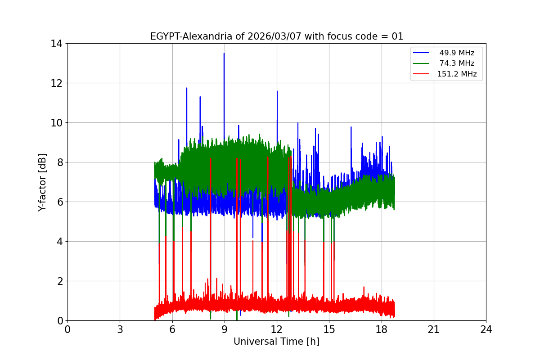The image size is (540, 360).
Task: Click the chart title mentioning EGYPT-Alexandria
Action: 276,36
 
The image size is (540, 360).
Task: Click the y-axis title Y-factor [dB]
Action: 42,182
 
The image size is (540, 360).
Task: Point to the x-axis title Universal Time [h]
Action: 276,342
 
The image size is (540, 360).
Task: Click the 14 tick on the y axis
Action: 57,44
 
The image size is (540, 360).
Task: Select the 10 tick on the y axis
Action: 57,123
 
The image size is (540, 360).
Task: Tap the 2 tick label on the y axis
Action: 59,281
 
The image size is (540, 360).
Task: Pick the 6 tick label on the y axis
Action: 59,202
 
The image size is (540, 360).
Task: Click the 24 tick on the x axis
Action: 486,329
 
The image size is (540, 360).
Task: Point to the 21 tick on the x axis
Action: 434,329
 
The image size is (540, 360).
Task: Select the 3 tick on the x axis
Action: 120,329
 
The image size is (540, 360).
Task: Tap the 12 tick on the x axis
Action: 277,329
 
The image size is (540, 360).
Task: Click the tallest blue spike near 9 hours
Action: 224,54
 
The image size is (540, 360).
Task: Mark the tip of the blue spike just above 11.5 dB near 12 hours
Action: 277,91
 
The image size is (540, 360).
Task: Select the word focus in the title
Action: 334,36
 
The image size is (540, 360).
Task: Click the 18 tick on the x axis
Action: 382,329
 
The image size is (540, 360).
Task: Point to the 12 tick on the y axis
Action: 57,83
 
